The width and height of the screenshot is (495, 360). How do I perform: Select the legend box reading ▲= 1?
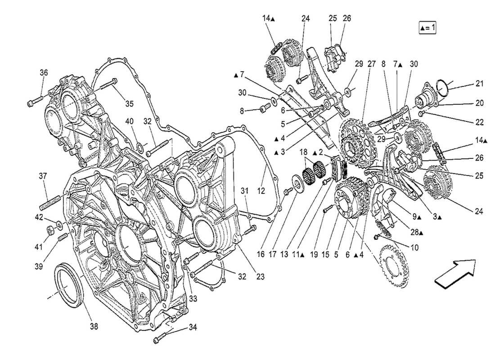[427, 27]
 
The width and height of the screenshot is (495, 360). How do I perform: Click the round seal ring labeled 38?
[69, 286]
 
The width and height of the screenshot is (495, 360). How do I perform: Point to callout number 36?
[43, 72]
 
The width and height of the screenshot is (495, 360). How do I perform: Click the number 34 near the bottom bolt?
[193, 327]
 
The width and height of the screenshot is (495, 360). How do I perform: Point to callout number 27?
[372, 64]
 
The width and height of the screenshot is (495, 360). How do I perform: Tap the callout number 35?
[129, 104]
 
